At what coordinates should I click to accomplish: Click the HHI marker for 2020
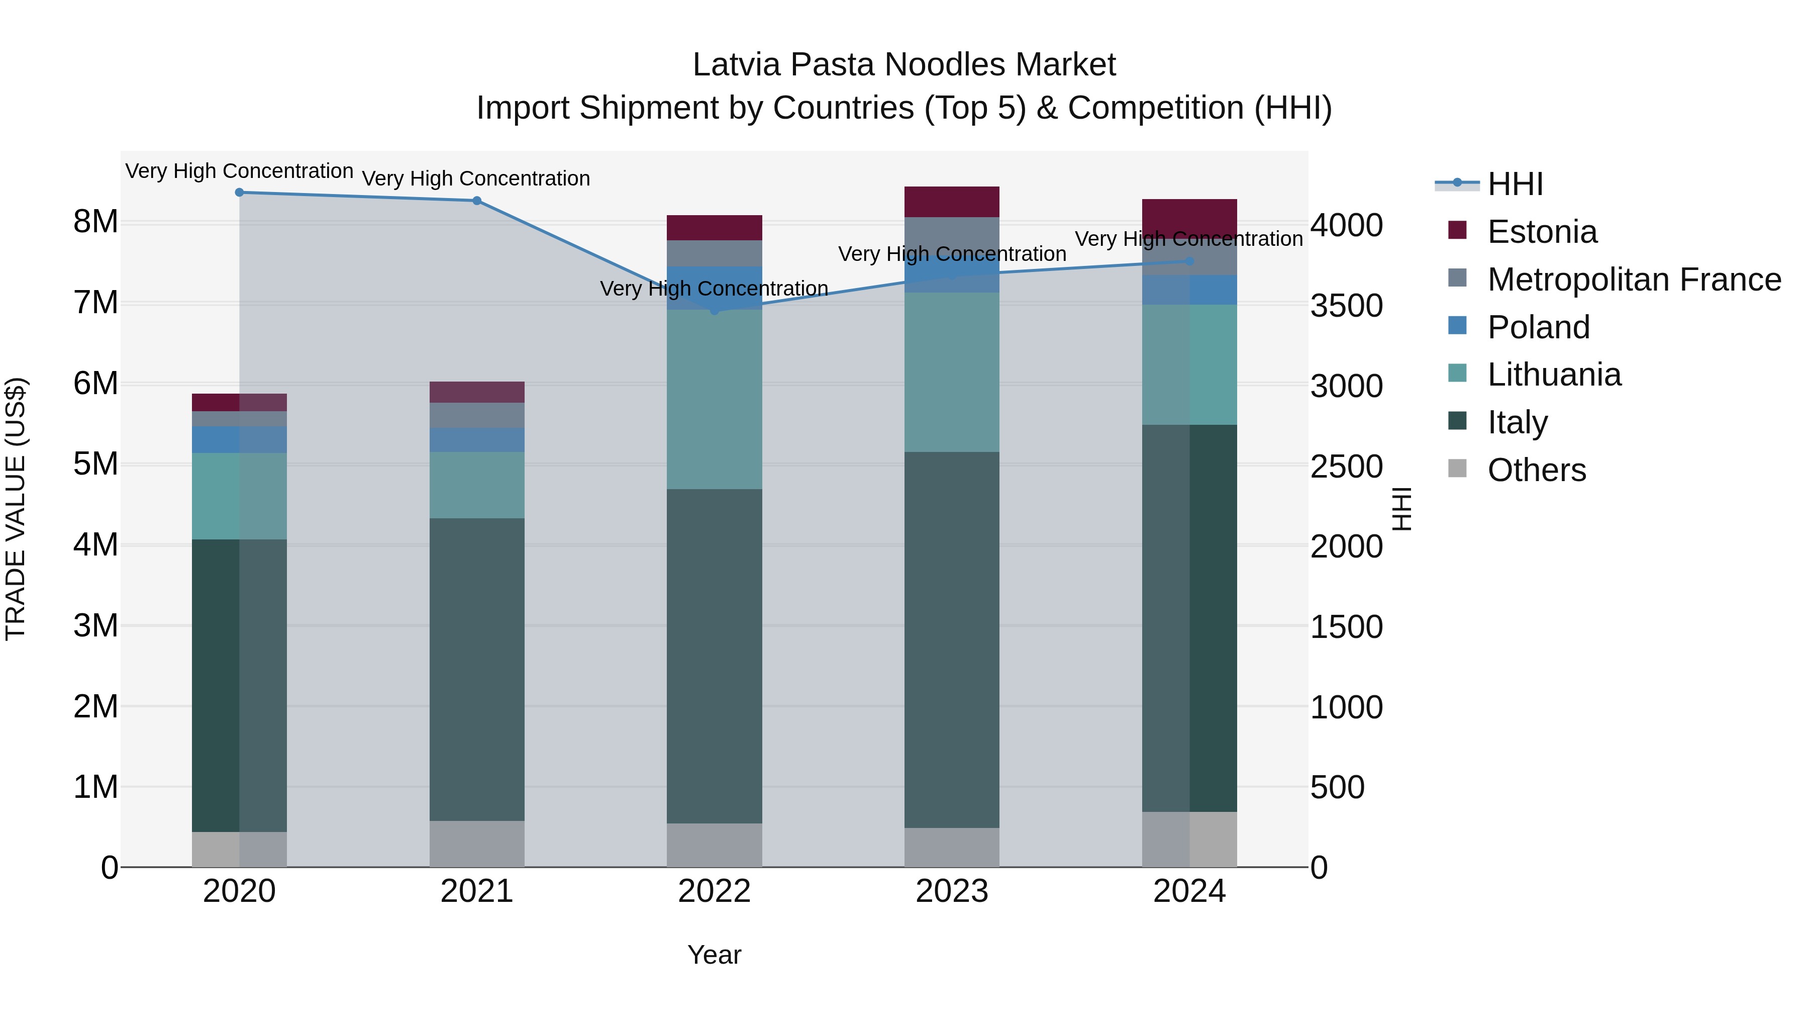pyautogui.click(x=240, y=193)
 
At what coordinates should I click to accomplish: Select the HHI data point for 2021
pyautogui.click(x=477, y=201)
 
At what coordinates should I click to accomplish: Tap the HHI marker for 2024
pyautogui.click(x=1189, y=261)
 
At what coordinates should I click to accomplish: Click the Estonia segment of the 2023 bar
pyautogui.click(x=952, y=202)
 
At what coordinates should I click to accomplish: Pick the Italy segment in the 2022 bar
pyautogui.click(x=714, y=656)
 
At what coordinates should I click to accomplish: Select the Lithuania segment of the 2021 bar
pyautogui.click(x=477, y=486)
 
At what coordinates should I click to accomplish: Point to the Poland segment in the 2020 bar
pyautogui.click(x=240, y=440)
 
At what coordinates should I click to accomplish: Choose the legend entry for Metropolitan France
pyautogui.click(x=1634, y=280)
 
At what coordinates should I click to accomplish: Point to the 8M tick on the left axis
pyautogui.click(x=95, y=222)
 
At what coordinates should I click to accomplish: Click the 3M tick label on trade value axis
pyautogui.click(x=95, y=626)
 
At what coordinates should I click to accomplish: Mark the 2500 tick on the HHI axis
pyautogui.click(x=1346, y=467)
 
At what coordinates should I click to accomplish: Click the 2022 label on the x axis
pyautogui.click(x=714, y=891)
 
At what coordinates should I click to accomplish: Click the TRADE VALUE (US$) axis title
pyautogui.click(x=16, y=509)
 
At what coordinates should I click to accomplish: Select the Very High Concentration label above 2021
pyautogui.click(x=476, y=179)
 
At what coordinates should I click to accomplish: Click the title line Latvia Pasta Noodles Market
pyautogui.click(x=904, y=65)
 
